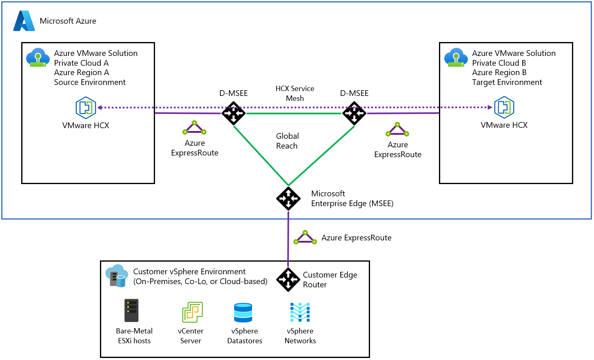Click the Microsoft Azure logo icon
(24, 21)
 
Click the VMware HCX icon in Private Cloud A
(86, 107)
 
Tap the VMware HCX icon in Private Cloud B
(504, 107)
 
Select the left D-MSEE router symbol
(233, 113)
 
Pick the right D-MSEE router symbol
(354, 113)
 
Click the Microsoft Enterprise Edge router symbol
(288, 199)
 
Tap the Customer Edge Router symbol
(288, 280)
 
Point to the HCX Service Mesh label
(295, 93)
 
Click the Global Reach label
(287, 141)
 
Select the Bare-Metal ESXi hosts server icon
(131, 311)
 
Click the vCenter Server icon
(192, 312)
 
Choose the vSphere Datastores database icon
(243, 313)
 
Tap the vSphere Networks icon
(300, 312)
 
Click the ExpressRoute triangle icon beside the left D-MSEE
(194, 128)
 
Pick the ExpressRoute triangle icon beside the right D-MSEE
(397, 129)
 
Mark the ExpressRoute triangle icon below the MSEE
(305, 238)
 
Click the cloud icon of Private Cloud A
(38, 58)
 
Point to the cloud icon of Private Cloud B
(456, 58)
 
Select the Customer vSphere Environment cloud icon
(117, 276)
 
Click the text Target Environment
(507, 82)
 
